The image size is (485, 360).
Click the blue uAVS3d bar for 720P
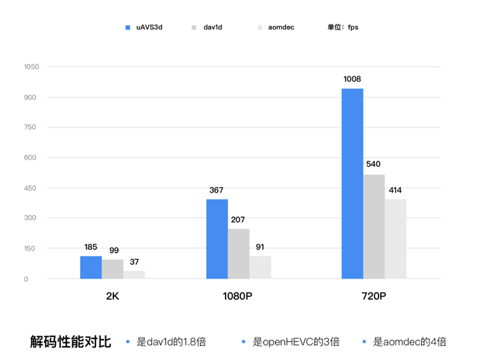[352, 184]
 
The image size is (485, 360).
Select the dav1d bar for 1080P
[238, 254]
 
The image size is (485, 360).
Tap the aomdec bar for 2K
[134, 275]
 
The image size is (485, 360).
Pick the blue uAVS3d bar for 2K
[90, 268]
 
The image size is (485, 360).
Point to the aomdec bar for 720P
[395, 239]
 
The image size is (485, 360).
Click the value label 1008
[352, 79]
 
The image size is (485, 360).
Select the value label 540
[374, 165]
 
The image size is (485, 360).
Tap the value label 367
[217, 190]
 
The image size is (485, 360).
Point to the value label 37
[134, 262]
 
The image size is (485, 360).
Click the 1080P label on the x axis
[236, 296]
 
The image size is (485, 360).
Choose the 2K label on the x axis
[112, 296]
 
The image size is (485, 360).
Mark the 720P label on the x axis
[373, 296]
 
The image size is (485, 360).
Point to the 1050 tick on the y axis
[31, 67]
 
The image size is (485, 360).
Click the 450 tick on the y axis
[31, 188]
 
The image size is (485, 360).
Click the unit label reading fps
[343, 27]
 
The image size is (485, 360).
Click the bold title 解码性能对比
[71, 342]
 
